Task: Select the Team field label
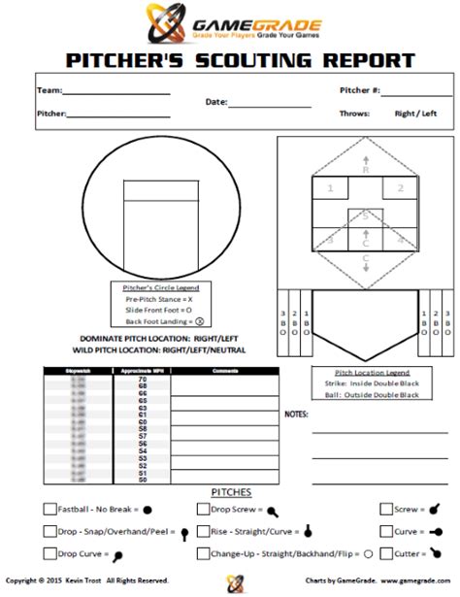click(49, 91)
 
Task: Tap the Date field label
click(215, 102)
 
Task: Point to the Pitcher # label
click(360, 91)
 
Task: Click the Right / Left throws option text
click(414, 114)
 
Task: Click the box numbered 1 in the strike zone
click(332, 188)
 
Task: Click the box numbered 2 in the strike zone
click(400, 188)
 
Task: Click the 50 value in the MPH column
click(143, 480)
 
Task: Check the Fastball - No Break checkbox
click(49, 509)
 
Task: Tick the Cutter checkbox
click(386, 554)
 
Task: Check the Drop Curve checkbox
click(49, 554)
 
